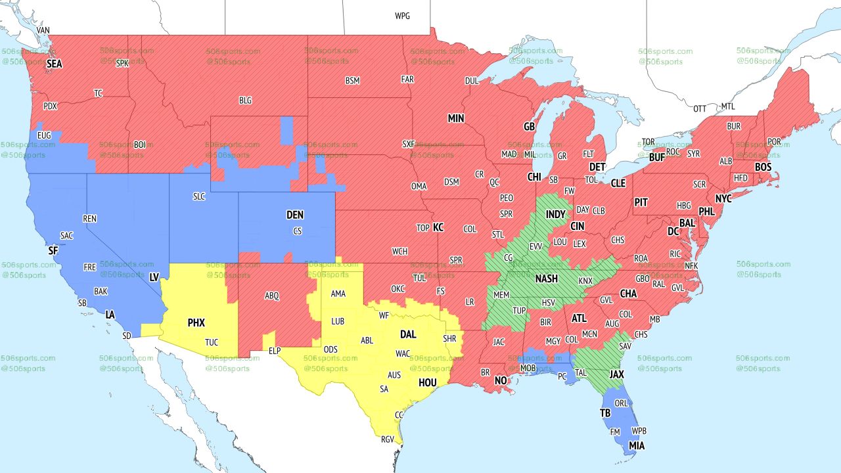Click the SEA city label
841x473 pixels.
[x=54, y=64]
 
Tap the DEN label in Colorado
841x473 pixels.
[x=295, y=215]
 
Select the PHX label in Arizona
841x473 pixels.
[x=196, y=323]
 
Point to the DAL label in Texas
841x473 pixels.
[x=408, y=334]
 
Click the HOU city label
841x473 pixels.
[x=427, y=382]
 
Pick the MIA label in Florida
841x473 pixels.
[x=636, y=446]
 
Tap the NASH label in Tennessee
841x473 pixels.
[x=546, y=279]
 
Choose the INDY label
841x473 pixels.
[x=555, y=215]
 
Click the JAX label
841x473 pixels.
[x=616, y=374]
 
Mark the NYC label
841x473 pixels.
[x=723, y=198]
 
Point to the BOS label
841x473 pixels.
[x=763, y=168]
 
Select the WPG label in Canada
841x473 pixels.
[x=402, y=16]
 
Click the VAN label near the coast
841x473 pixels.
[x=43, y=30]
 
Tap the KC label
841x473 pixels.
[x=438, y=227]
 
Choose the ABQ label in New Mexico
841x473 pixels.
[x=272, y=296]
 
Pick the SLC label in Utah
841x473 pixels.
[x=199, y=196]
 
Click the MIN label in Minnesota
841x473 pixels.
[x=456, y=119]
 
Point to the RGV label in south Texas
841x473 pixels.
[x=388, y=439]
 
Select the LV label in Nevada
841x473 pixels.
[x=154, y=278]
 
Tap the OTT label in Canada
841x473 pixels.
[x=700, y=108]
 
